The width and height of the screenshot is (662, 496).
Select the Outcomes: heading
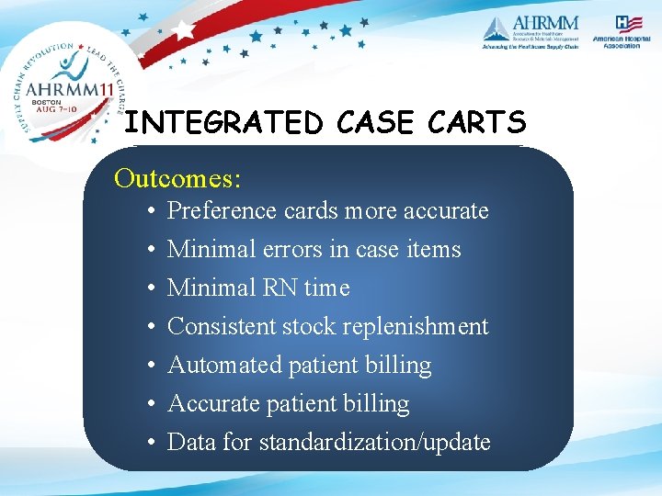[x=177, y=177]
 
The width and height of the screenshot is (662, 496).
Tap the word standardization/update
[x=375, y=443]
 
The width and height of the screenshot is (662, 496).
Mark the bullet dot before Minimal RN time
[x=149, y=288]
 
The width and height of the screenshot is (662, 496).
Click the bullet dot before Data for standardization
[x=149, y=443]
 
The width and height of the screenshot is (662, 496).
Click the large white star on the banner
[x=185, y=29]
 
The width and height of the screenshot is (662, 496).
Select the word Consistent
[x=223, y=327]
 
